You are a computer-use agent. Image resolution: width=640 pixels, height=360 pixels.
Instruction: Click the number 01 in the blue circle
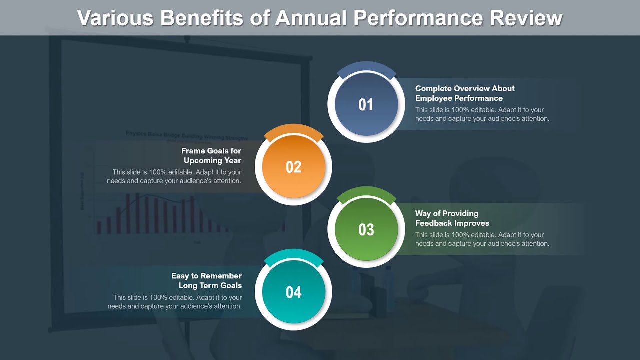point(366,105)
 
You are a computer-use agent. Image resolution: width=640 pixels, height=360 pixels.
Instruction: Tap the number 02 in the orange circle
point(293,167)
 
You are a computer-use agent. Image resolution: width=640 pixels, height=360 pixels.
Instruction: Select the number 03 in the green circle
point(366,230)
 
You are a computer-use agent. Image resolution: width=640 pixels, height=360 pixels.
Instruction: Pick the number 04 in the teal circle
point(293,292)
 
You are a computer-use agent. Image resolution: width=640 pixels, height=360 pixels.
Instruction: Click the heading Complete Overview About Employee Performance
point(464,93)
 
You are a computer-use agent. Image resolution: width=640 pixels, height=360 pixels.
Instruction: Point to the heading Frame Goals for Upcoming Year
point(211,156)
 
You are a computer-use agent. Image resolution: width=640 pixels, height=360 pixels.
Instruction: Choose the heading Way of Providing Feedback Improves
point(452,218)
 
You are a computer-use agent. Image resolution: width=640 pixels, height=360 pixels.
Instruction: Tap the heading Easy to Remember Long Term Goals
point(206,281)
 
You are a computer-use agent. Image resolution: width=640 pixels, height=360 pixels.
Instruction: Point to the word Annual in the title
point(311,18)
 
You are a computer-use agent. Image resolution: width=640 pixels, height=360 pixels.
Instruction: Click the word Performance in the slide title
point(418,18)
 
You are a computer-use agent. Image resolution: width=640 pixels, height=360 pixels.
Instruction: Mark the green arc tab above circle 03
point(366,192)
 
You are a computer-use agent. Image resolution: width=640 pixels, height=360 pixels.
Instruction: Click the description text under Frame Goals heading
point(174,176)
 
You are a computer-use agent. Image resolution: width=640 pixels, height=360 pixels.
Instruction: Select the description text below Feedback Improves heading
point(482,239)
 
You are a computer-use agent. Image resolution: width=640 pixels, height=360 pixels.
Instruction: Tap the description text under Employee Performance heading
point(482,114)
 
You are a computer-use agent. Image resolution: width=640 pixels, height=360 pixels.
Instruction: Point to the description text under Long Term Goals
point(175,302)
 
